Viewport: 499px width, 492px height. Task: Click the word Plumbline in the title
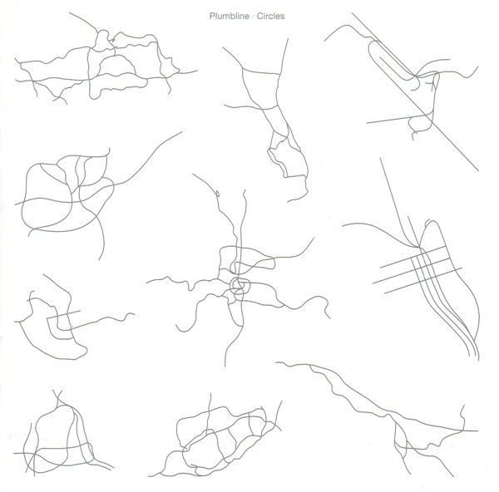[229, 16]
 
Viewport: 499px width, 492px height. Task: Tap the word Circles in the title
[270, 16]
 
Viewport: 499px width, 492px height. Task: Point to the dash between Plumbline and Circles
[253, 17]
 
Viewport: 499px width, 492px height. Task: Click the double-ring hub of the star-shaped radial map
[240, 286]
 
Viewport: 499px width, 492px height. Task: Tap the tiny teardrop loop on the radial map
[218, 193]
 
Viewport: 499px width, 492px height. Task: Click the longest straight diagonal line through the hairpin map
[415, 91]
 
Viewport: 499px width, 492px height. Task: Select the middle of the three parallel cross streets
[413, 271]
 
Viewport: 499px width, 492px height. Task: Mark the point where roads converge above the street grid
[418, 247]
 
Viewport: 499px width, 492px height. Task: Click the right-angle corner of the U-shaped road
[47, 318]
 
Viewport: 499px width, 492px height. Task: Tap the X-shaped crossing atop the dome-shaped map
[57, 396]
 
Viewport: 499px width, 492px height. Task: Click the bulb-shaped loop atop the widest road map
[102, 41]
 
